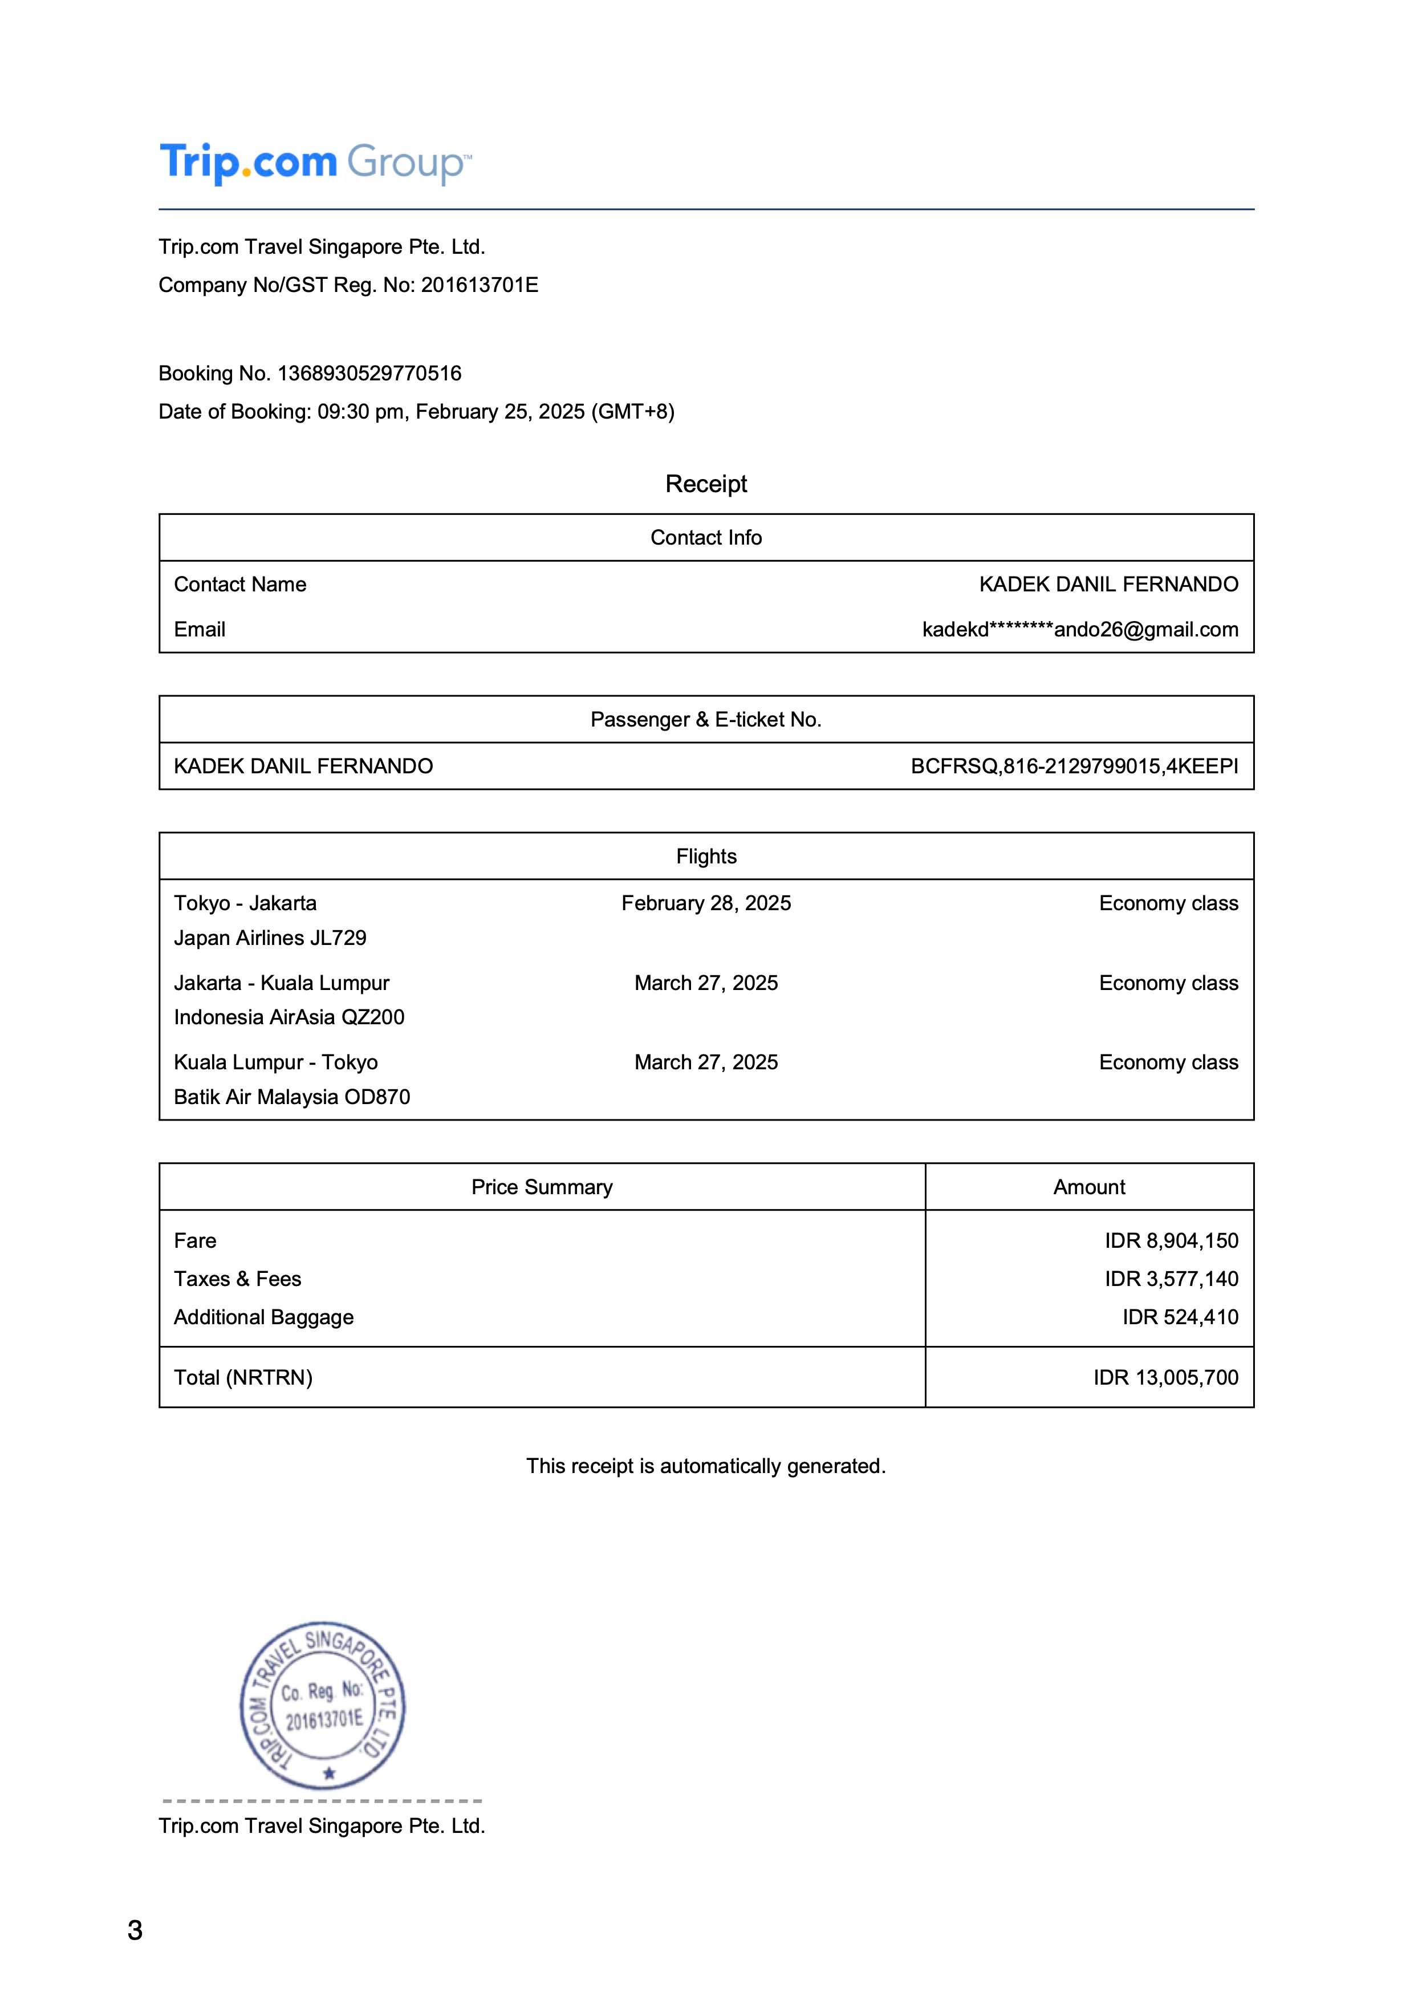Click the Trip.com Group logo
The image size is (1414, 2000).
pyautogui.click(x=315, y=163)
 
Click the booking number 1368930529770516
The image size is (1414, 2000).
pyautogui.click(x=369, y=374)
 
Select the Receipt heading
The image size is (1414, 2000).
pyautogui.click(x=706, y=484)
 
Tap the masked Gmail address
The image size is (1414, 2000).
pyautogui.click(x=1080, y=630)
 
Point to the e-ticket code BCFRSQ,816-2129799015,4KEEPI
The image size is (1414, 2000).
pyautogui.click(x=1074, y=766)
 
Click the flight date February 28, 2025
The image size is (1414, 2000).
pyautogui.click(x=706, y=903)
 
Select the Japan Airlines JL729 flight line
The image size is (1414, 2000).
pyautogui.click(x=270, y=938)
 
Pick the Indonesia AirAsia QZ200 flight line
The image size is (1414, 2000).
pyautogui.click(x=289, y=1017)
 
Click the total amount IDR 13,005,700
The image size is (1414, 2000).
pyautogui.click(x=1166, y=1377)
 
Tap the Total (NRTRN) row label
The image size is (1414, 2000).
pyautogui.click(x=243, y=1377)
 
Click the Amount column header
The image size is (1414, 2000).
pyautogui.click(x=1089, y=1187)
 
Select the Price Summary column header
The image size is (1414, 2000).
pyautogui.click(x=542, y=1187)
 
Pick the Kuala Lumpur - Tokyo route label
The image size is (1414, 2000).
pyautogui.click(x=276, y=1062)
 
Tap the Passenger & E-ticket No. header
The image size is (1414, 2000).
pyautogui.click(x=706, y=720)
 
